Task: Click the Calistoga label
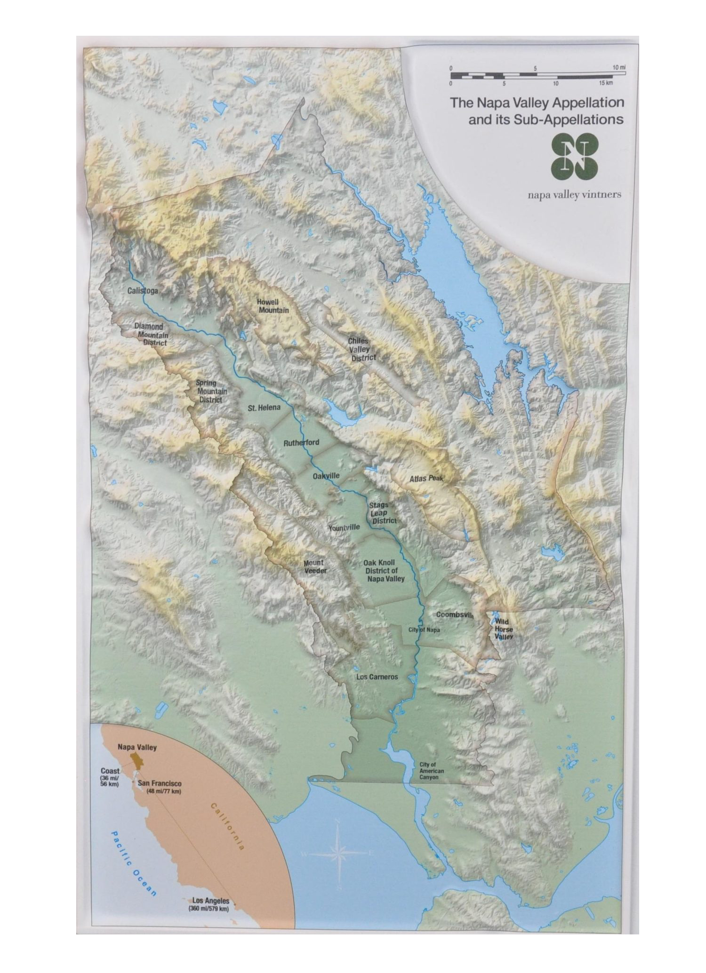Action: pos(143,291)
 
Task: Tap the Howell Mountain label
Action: pos(273,306)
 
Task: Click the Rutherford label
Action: pos(301,443)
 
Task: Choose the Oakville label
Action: pos(326,476)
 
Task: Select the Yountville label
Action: pos(344,527)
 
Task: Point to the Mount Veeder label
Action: pos(314,566)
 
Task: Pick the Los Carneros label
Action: pos(377,677)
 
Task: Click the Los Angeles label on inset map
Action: pos(211,901)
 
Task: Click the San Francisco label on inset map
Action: pos(160,784)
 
